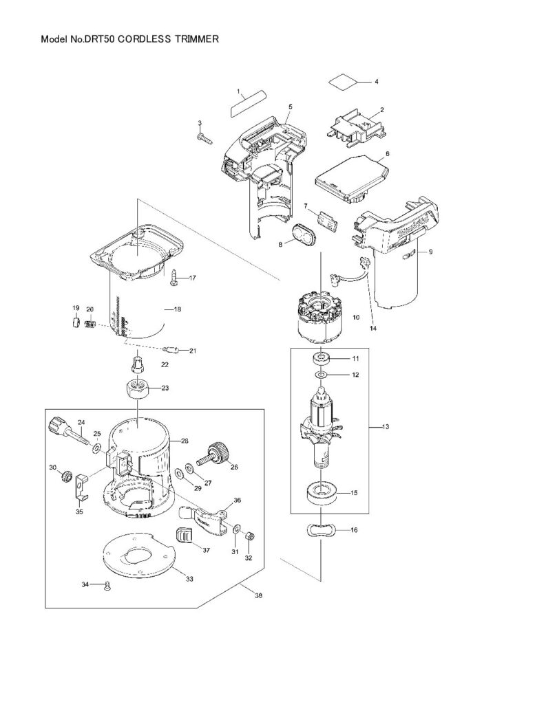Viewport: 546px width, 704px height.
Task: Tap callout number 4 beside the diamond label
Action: pos(377,82)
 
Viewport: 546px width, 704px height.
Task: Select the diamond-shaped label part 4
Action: pos(343,82)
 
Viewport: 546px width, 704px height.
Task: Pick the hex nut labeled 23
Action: pos(138,388)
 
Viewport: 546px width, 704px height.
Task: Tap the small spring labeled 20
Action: pos(92,322)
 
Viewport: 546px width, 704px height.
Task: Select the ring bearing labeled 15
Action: pos(322,492)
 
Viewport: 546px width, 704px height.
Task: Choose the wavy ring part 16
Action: pos(322,530)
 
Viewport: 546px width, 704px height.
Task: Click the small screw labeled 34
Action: pos(107,585)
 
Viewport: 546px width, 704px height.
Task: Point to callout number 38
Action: pos(258,596)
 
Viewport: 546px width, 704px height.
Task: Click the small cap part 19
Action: pos(76,322)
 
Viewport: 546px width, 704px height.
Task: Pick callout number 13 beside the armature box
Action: pos(386,426)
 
